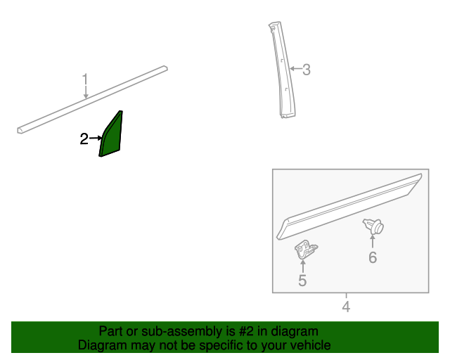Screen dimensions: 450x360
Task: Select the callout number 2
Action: [84, 139]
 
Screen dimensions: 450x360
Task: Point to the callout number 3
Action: [307, 70]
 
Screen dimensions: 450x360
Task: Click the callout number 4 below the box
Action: [346, 307]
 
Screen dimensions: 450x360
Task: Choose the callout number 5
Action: [302, 280]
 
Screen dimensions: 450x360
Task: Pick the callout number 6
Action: [373, 257]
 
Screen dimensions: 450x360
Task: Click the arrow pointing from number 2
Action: [96, 139]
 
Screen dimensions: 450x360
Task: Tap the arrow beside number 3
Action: [295, 69]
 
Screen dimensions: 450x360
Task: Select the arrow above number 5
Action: [303, 266]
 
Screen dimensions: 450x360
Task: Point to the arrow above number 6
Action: [373, 241]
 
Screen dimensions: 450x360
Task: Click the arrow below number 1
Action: [86, 92]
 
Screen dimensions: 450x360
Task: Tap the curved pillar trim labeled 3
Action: [283, 70]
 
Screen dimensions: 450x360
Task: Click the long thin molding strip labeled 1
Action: [92, 100]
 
